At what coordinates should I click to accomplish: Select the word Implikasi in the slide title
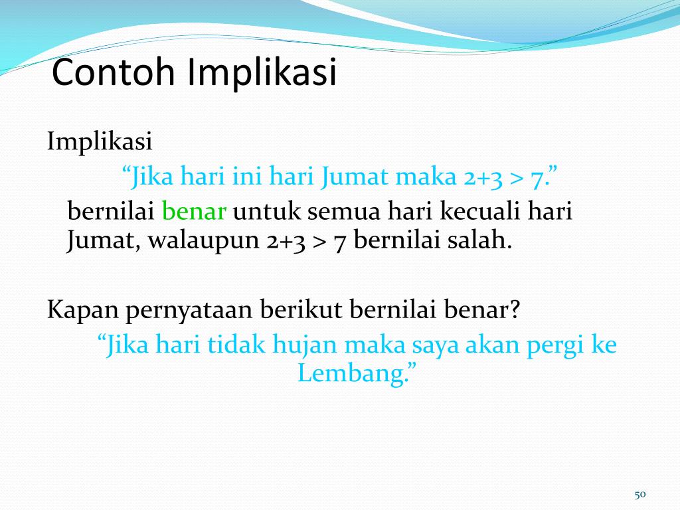coord(262,74)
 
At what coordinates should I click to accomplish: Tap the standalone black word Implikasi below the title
coord(100,141)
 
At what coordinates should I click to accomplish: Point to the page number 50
coord(640,493)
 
